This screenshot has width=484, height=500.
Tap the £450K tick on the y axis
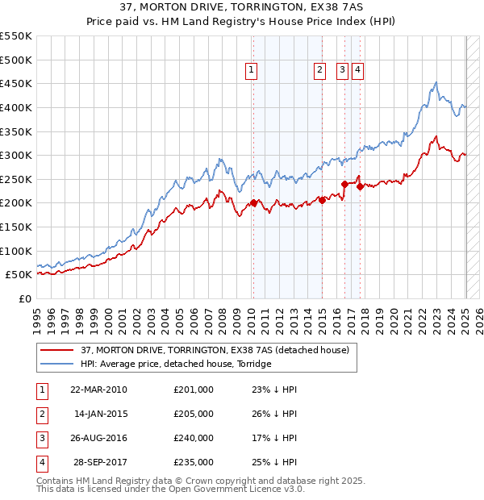click(16, 83)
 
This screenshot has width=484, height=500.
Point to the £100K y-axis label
click(16, 251)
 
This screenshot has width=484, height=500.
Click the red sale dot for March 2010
click(252, 202)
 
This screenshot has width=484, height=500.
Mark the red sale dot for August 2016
click(344, 184)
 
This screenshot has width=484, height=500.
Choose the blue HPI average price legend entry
click(176, 364)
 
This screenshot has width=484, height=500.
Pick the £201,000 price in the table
click(194, 390)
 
